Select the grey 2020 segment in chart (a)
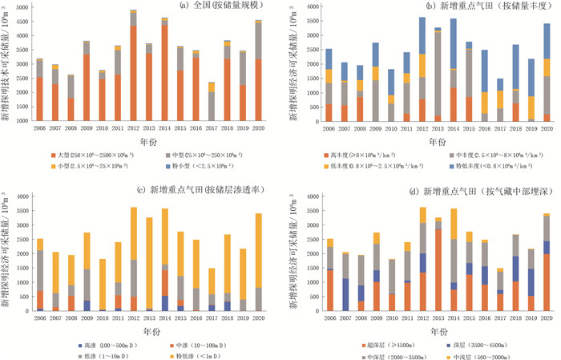(x=257, y=41)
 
